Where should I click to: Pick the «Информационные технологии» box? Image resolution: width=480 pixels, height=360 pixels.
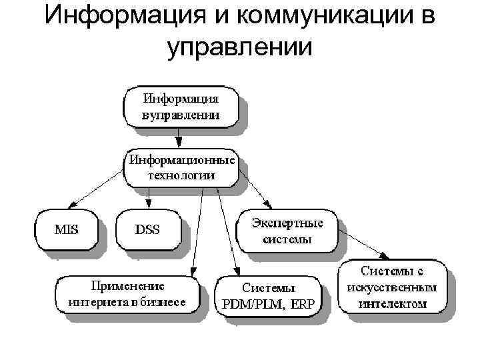point(181,168)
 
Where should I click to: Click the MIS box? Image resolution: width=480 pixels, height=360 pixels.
point(66,231)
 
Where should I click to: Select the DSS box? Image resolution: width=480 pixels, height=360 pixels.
point(147,231)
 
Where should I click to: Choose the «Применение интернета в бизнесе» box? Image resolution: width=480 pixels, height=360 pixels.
point(126,294)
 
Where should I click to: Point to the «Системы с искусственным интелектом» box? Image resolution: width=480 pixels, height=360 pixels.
point(392,288)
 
